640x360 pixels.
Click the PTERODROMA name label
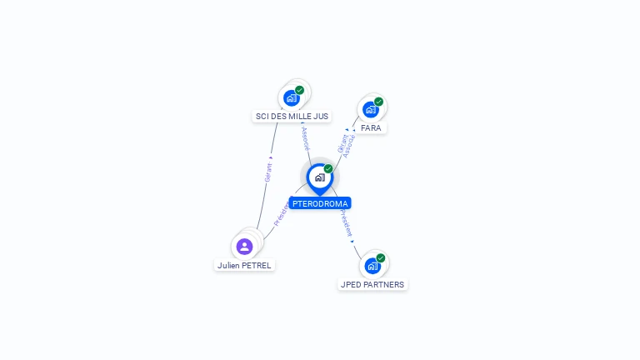point(320,203)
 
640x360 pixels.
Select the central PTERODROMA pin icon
point(319,177)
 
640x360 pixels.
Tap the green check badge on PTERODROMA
point(328,169)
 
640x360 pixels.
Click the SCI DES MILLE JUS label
point(292,117)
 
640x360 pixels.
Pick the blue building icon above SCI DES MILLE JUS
point(291,97)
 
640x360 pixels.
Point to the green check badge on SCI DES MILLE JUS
point(299,90)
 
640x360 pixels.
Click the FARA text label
point(371,128)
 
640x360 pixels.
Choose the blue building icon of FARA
point(371,109)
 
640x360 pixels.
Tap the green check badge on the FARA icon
point(378,102)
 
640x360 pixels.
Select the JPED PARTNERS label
point(372,284)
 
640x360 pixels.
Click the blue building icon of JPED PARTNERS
point(372,266)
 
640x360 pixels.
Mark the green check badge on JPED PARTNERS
point(381,258)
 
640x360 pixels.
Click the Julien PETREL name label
point(244,265)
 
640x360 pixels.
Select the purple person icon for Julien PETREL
point(244,246)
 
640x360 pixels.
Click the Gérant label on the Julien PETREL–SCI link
point(268,172)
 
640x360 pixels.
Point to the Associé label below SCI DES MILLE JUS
point(305,137)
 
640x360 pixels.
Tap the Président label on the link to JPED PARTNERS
point(346,222)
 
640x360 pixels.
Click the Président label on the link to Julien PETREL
point(281,213)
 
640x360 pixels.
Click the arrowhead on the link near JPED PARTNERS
point(352,241)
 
